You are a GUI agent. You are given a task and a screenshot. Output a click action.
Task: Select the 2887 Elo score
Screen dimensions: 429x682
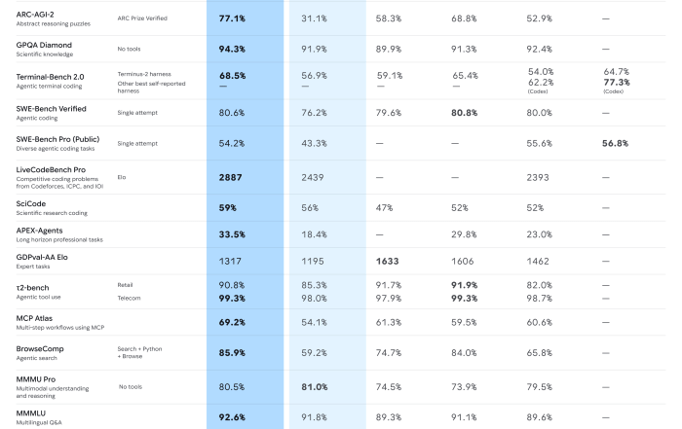coord(230,177)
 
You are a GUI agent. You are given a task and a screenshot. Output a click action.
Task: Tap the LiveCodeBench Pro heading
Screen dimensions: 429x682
coord(48,169)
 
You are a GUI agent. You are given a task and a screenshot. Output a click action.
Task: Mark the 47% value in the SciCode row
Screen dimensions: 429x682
coord(388,207)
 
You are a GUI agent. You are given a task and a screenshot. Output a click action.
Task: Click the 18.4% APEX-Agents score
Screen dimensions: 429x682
coord(314,234)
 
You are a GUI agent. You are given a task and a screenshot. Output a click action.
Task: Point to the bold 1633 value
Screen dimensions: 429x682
coord(388,262)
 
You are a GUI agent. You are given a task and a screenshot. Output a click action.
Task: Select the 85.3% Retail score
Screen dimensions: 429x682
coord(314,285)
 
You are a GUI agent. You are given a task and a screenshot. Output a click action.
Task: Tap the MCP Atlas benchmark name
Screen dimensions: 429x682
coord(35,317)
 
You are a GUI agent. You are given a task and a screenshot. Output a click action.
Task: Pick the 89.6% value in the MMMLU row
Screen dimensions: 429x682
coord(540,416)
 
